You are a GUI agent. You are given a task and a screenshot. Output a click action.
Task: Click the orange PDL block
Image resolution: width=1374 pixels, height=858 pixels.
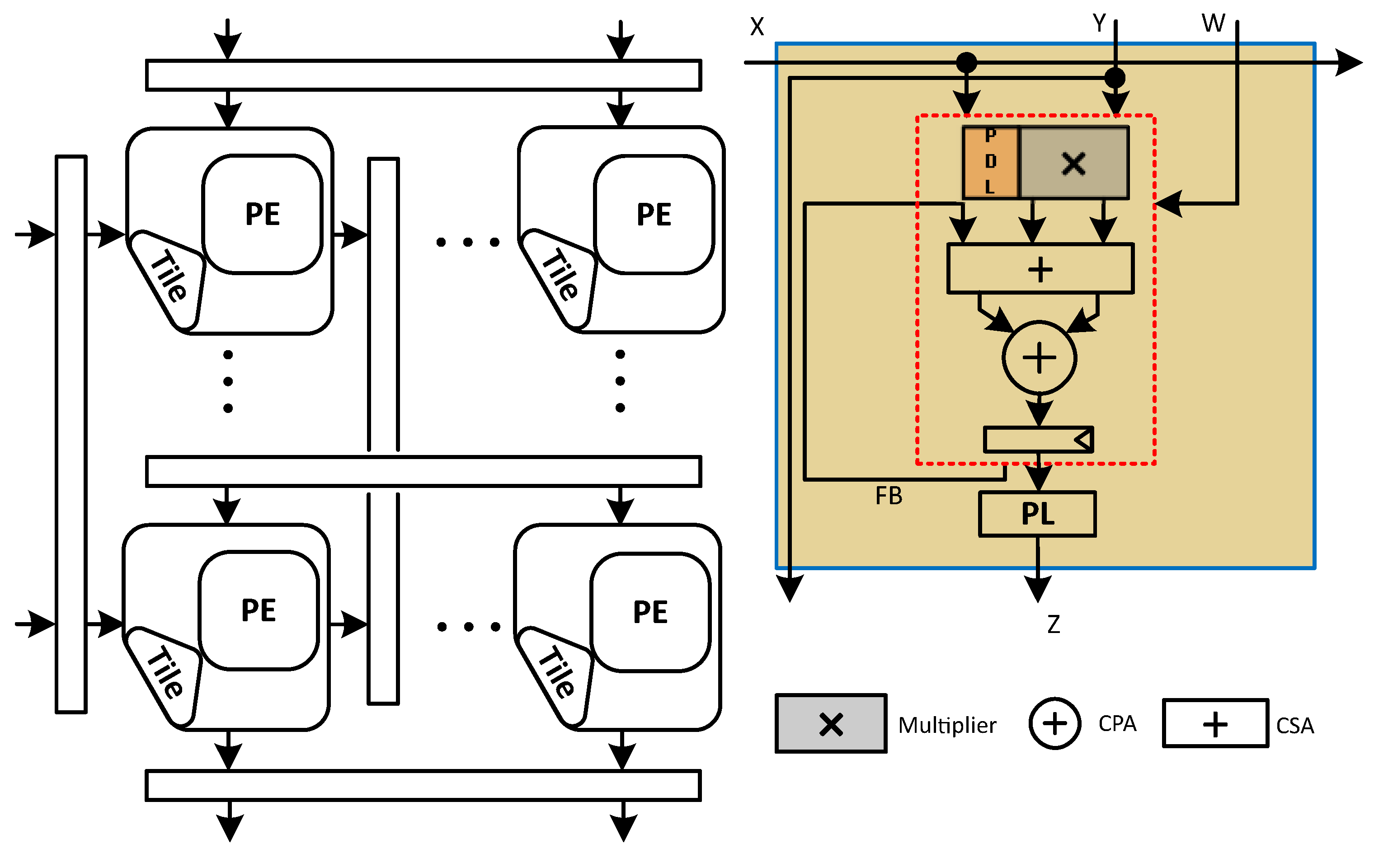(991, 162)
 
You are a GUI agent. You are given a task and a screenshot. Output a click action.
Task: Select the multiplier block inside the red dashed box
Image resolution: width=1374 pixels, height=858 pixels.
(1074, 163)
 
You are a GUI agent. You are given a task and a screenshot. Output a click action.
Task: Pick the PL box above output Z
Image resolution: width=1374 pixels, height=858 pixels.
(1037, 514)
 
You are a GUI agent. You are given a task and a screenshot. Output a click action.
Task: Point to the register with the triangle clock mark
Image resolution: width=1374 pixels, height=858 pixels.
(1038, 440)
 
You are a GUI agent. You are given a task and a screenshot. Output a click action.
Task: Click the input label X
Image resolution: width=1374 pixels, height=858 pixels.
(757, 27)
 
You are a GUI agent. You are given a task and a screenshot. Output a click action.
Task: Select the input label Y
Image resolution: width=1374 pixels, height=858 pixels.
(1099, 23)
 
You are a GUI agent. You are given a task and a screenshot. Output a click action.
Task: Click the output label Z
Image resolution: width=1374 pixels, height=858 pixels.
(1054, 624)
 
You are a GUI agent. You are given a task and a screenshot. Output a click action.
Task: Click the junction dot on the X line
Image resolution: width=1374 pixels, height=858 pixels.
(966, 62)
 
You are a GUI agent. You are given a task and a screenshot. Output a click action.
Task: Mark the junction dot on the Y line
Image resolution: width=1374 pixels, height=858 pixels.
(1115, 78)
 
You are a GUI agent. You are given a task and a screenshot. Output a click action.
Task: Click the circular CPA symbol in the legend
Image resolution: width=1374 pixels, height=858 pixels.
(1054, 723)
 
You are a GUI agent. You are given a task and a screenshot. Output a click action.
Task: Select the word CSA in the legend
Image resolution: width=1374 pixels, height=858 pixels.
(1295, 726)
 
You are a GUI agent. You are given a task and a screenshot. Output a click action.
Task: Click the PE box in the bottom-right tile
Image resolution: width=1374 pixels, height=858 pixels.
(650, 612)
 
